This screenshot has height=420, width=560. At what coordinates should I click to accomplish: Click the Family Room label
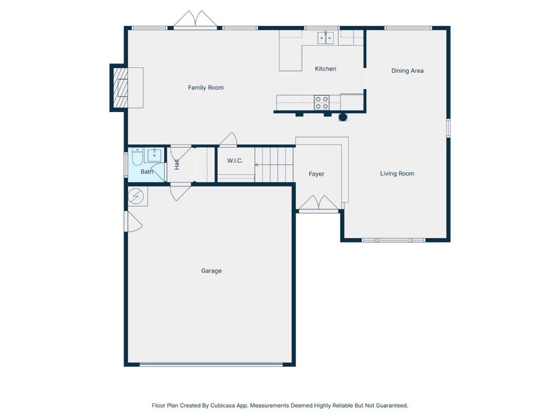point(206,87)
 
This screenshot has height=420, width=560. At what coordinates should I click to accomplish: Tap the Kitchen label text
point(325,68)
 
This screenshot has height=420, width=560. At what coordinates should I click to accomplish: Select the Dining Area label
point(407,71)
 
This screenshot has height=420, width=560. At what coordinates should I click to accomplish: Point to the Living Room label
point(397,173)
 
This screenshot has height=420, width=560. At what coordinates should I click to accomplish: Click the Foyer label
point(317,174)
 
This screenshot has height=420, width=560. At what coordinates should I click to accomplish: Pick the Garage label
point(212,271)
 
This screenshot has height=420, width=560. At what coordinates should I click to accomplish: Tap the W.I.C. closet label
point(235,161)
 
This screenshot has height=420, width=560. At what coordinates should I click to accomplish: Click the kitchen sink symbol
point(326,38)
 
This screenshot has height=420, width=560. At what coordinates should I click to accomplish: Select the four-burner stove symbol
point(322,102)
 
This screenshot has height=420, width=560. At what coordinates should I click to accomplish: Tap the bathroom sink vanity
point(154,155)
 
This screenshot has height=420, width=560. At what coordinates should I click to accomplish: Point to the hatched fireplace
point(120,87)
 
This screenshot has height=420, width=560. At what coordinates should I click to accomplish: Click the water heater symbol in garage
point(136,196)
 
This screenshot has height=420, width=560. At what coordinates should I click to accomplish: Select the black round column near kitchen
point(343,117)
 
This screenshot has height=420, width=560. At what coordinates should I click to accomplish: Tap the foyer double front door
point(318,203)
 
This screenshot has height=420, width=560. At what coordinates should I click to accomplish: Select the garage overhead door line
point(211,365)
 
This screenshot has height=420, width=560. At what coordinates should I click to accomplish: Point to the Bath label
point(147,172)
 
